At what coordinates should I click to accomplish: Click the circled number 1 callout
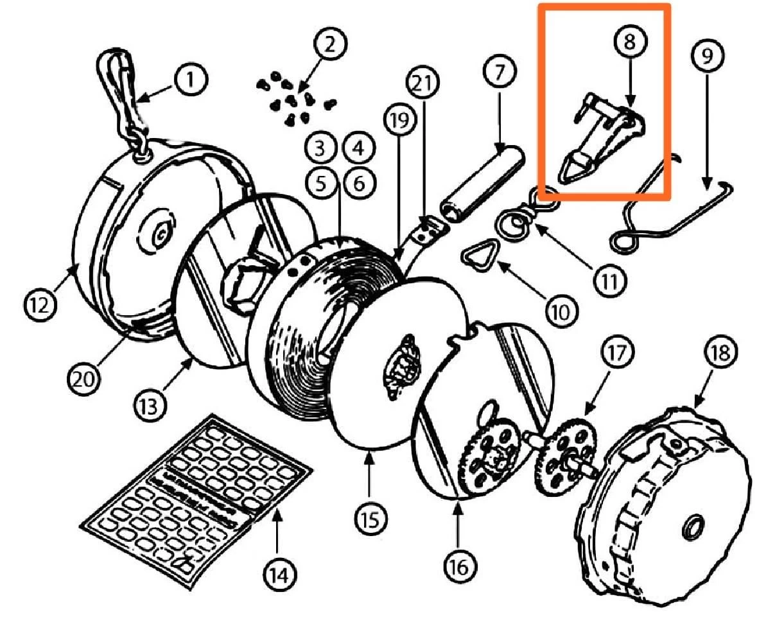(191, 80)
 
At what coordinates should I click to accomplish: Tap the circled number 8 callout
(629, 40)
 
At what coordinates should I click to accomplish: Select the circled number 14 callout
(281, 575)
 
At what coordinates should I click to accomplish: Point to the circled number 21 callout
(423, 83)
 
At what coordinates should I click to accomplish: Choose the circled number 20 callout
(84, 379)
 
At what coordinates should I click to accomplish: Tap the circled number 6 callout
(359, 183)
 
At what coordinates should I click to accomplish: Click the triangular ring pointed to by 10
(478, 255)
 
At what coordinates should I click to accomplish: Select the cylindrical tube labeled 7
(482, 184)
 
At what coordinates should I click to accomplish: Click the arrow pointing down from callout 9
(707, 132)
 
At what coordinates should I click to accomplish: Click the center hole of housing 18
(693, 526)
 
